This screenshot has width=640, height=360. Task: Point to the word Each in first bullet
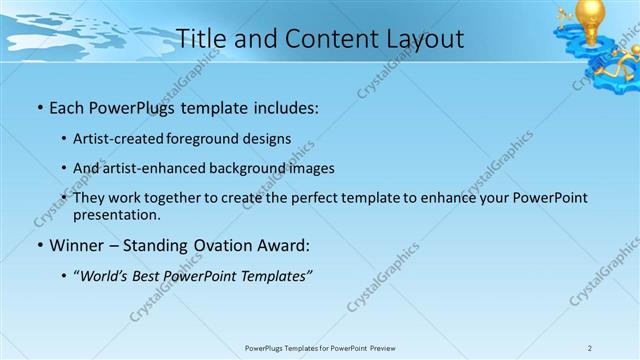click(x=67, y=105)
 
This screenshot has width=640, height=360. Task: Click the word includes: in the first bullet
click(x=283, y=105)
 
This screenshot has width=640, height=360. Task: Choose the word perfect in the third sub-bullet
click(x=301, y=198)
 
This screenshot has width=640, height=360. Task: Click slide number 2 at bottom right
click(x=590, y=348)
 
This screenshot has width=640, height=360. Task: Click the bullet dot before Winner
click(x=39, y=245)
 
